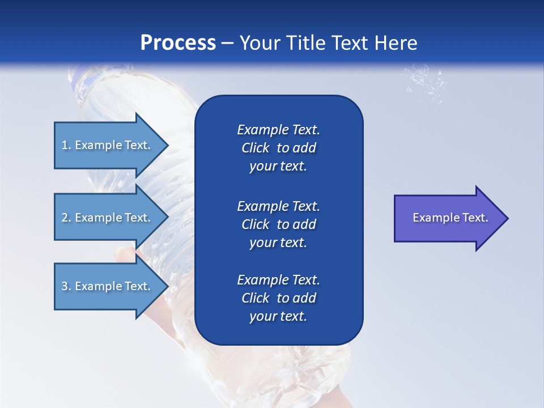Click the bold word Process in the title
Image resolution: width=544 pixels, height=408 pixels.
178,43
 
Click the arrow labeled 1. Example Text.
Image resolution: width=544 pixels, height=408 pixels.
108,145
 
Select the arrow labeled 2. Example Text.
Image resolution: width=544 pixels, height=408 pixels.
108,218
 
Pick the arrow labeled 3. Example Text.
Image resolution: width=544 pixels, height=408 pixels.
108,286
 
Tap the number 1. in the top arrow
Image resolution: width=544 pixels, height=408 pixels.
66,145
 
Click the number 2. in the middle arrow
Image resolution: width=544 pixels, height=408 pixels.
66,218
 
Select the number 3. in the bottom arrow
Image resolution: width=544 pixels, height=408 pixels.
66,286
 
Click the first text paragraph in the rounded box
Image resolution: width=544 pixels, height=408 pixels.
278,148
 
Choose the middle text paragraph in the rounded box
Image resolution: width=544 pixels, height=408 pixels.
278,224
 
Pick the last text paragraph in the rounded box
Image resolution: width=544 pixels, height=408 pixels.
278,298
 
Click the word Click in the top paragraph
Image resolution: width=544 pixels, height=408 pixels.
255,148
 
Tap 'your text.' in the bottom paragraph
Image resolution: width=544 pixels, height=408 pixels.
278,317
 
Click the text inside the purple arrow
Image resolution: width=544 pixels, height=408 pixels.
450,218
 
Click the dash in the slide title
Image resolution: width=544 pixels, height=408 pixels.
227,44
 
